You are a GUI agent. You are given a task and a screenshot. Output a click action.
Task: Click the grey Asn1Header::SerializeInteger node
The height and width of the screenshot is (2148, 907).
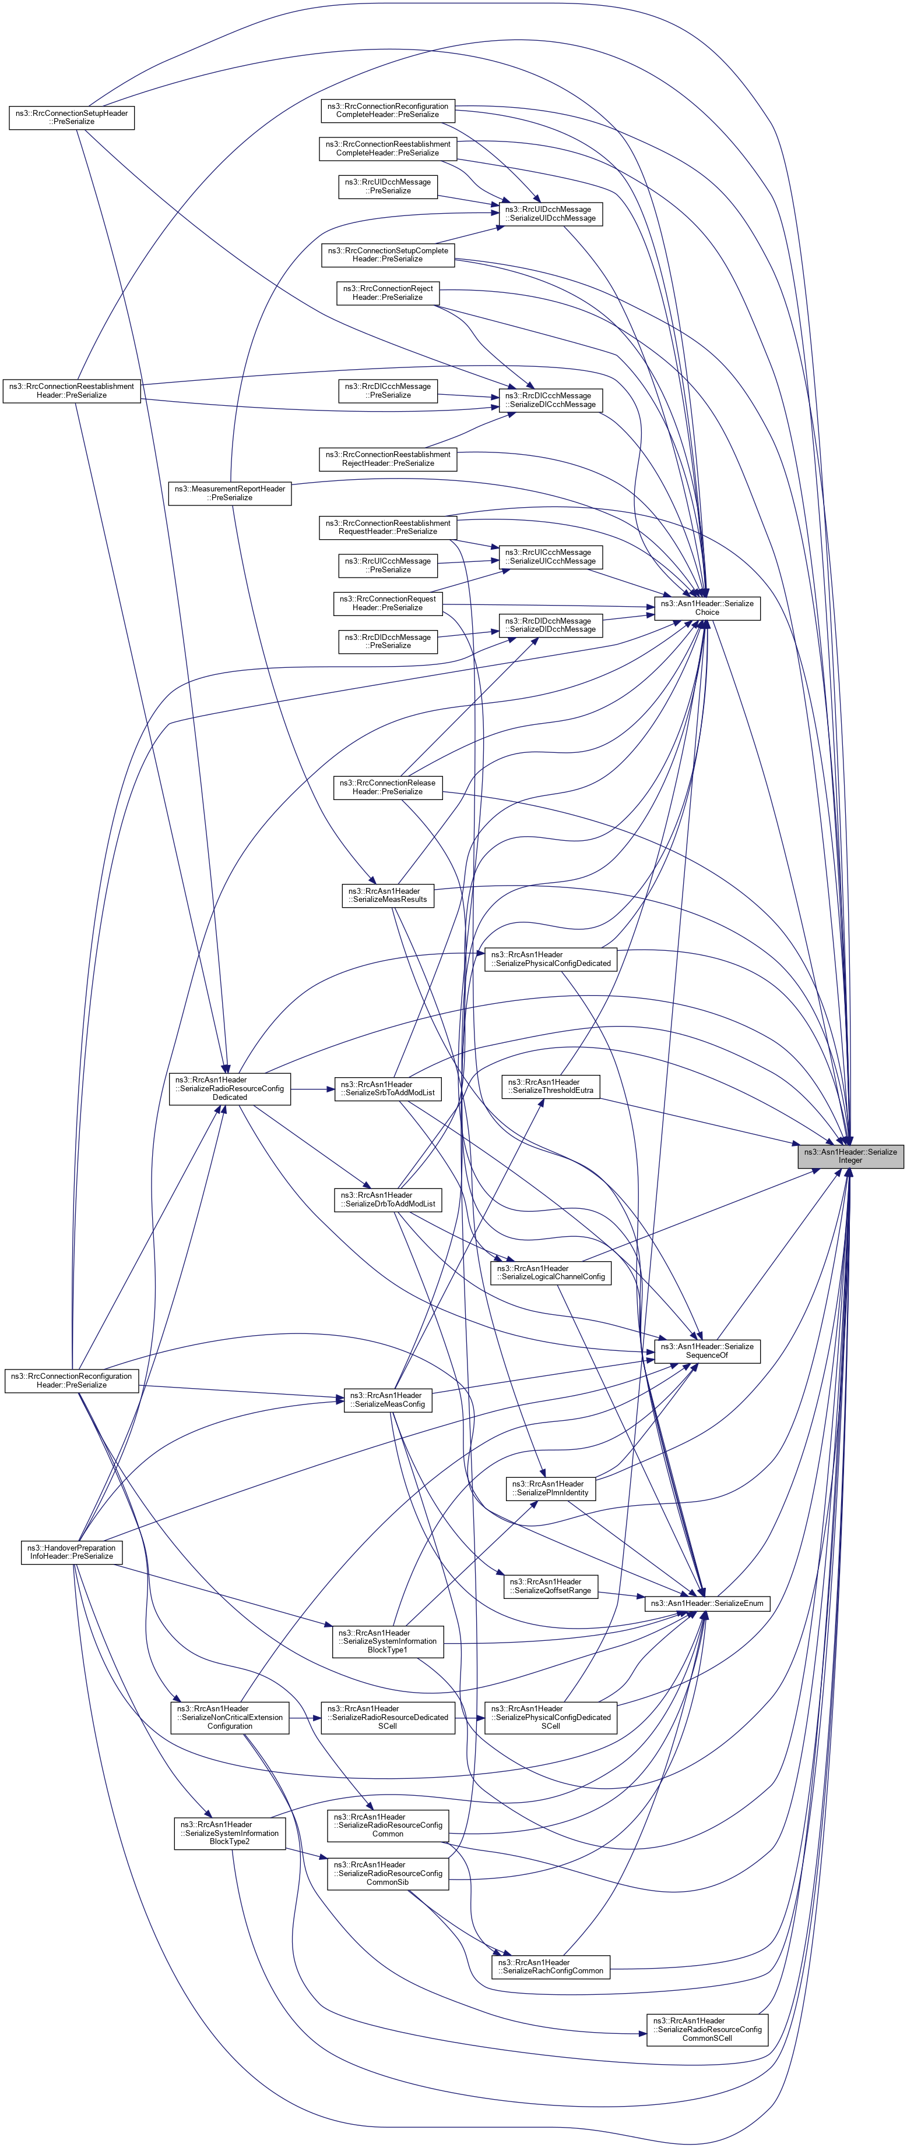pyautogui.click(x=849, y=1156)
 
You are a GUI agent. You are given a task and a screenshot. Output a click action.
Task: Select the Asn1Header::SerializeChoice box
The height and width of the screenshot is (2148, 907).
pyautogui.click(x=706, y=608)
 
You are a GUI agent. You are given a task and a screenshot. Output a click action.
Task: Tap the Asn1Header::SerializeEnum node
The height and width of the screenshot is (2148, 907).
pyautogui.click(x=706, y=1602)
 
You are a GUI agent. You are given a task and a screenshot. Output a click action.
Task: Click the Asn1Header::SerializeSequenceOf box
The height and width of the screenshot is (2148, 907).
pyautogui.click(x=706, y=1351)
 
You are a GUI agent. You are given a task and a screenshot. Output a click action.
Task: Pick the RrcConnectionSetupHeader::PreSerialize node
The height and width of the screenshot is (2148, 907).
pyautogui.click(x=72, y=118)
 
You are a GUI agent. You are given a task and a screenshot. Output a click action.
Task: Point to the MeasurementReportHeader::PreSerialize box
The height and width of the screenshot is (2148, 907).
pyautogui.click(x=230, y=493)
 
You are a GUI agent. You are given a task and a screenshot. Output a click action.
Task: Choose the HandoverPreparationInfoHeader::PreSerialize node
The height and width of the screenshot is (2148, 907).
pyautogui.click(x=72, y=1552)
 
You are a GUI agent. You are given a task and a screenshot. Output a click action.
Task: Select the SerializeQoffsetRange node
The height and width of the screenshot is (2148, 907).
pyautogui.click(x=551, y=1586)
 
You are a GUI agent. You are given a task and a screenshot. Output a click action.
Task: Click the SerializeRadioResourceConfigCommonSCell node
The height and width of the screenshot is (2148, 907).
pyautogui.click(x=706, y=2030)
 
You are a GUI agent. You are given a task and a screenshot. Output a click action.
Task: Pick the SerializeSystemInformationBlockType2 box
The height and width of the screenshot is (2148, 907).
pyautogui.click(x=230, y=1833)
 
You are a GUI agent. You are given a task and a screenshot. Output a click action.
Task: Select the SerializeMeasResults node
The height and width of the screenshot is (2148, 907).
pyautogui.click(x=389, y=895)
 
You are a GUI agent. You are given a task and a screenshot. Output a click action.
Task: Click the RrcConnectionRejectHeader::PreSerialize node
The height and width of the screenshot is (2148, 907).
pyautogui.click(x=388, y=293)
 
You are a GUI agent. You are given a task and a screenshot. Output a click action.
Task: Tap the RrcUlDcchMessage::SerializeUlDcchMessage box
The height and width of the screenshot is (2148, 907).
pyautogui.click(x=551, y=214)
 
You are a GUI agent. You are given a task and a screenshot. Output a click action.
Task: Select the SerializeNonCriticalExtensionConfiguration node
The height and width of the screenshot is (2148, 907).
pyautogui.click(x=230, y=1718)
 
